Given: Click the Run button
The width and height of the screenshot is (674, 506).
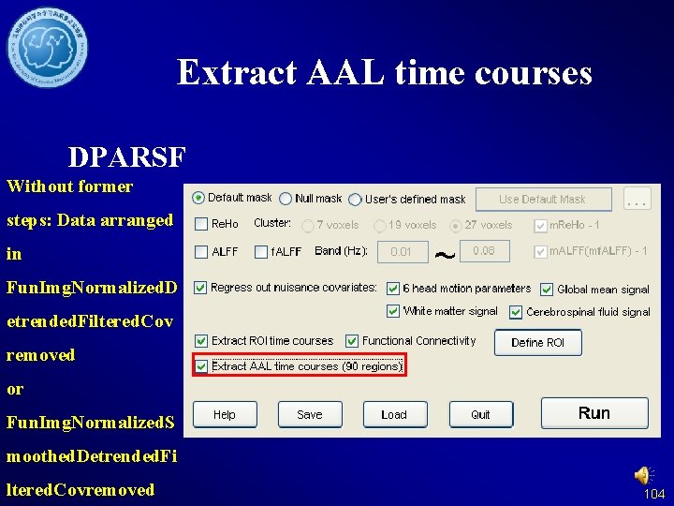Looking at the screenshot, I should pyautogui.click(x=594, y=413).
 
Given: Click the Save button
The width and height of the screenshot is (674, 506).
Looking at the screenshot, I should pyautogui.click(x=309, y=414).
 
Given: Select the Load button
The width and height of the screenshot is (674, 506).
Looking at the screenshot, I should pyautogui.click(x=394, y=414).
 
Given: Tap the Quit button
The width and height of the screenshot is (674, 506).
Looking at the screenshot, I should pyautogui.click(x=480, y=414).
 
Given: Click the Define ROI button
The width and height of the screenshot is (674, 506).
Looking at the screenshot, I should pyautogui.click(x=537, y=343).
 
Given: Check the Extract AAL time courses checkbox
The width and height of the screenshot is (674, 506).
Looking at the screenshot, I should pyautogui.click(x=202, y=366).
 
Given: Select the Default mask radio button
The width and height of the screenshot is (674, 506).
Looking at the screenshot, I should pyautogui.click(x=198, y=198).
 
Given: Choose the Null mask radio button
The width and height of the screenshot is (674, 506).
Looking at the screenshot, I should pyautogui.click(x=286, y=199).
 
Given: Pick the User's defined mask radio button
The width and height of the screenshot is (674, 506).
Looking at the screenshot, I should pyautogui.click(x=355, y=200).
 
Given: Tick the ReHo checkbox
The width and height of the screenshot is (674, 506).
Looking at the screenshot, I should pyautogui.click(x=201, y=225).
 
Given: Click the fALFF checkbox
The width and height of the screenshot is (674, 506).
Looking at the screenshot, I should pyautogui.click(x=261, y=251).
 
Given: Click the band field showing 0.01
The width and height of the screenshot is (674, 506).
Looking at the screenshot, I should pyautogui.click(x=402, y=251).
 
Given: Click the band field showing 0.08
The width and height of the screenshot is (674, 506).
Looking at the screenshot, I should pyautogui.click(x=484, y=251).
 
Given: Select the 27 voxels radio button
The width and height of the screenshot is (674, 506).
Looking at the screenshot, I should pyautogui.click(x=456, y=226).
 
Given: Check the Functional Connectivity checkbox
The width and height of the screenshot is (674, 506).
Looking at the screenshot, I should pyautogui.click(x=352, y=341).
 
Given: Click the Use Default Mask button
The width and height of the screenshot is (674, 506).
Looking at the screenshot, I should pyautogui.click(x=542, y=199).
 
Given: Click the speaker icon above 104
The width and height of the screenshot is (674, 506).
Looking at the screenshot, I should pyautogui.click(x=645, y=475).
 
